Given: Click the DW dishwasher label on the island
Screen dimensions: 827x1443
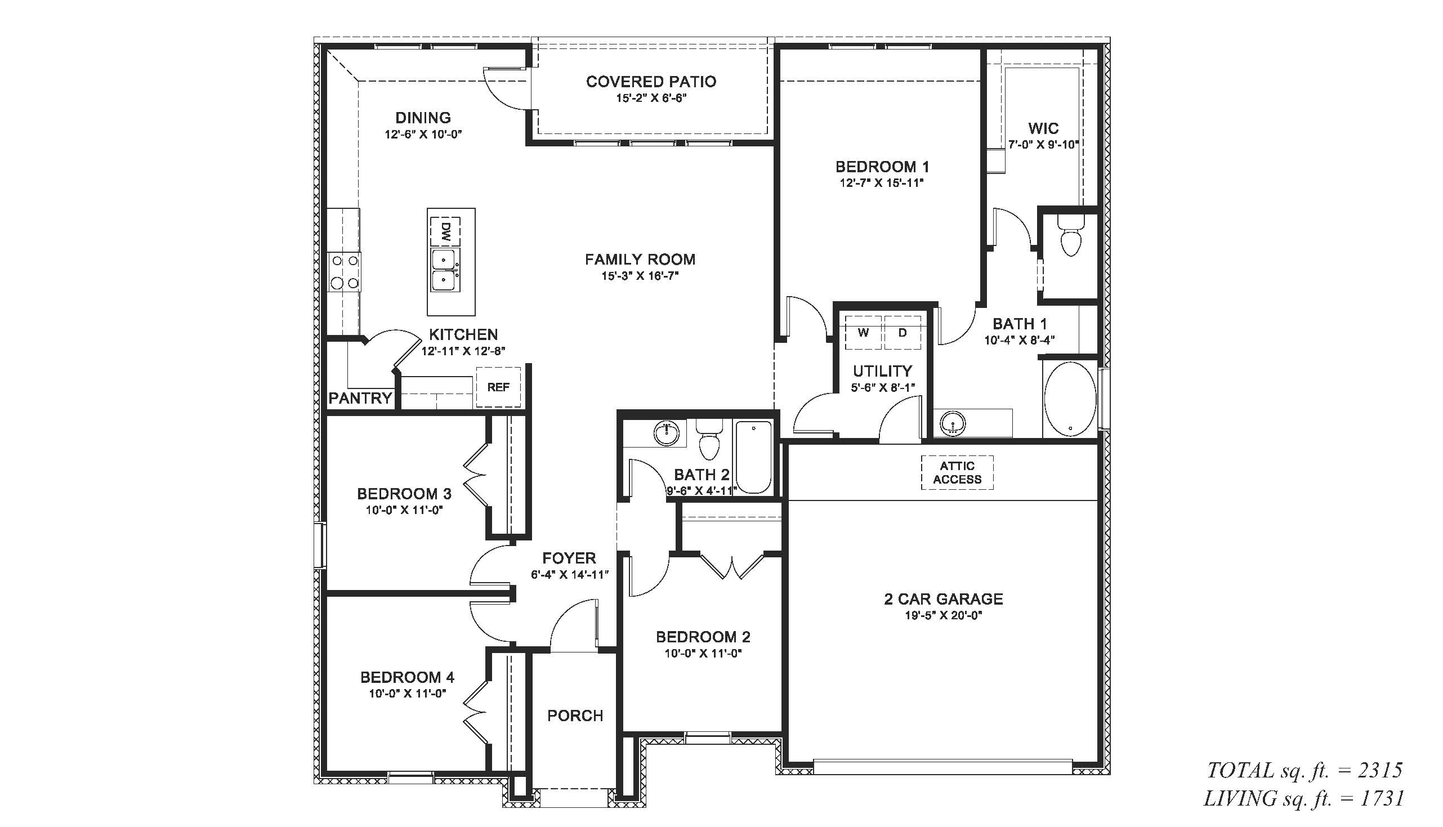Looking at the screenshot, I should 446,231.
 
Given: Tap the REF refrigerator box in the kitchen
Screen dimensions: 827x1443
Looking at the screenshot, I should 498,387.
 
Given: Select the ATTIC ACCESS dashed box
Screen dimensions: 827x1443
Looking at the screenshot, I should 957,472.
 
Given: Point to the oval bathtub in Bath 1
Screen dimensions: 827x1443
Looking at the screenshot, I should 1070,399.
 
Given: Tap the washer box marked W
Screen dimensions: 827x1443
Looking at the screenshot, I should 863,333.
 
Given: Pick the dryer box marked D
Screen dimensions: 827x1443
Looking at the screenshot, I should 903,333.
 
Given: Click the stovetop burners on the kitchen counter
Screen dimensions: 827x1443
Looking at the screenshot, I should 345,272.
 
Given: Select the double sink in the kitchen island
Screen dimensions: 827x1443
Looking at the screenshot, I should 445,270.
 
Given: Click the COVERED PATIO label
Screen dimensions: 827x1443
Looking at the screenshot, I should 651,82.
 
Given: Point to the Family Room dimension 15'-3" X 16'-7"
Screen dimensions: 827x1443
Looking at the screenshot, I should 640,276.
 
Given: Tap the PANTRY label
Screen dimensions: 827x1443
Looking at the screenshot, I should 360,398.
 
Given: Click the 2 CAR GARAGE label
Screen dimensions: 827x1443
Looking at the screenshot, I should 943,598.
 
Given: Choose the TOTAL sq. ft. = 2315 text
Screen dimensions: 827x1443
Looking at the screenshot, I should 1304,770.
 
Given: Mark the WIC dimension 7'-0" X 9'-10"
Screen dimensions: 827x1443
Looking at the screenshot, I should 1043,144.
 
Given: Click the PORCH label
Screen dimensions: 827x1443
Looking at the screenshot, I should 575,716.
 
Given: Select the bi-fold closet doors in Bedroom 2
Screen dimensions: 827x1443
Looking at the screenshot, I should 732,565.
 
